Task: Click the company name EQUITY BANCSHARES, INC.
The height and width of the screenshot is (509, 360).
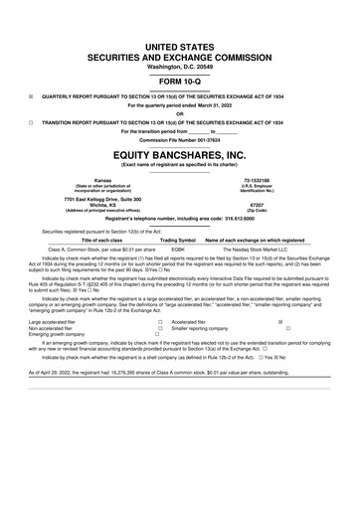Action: click(x=180, y=156)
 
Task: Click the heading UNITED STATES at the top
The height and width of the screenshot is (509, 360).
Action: click(x=180, y=20)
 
